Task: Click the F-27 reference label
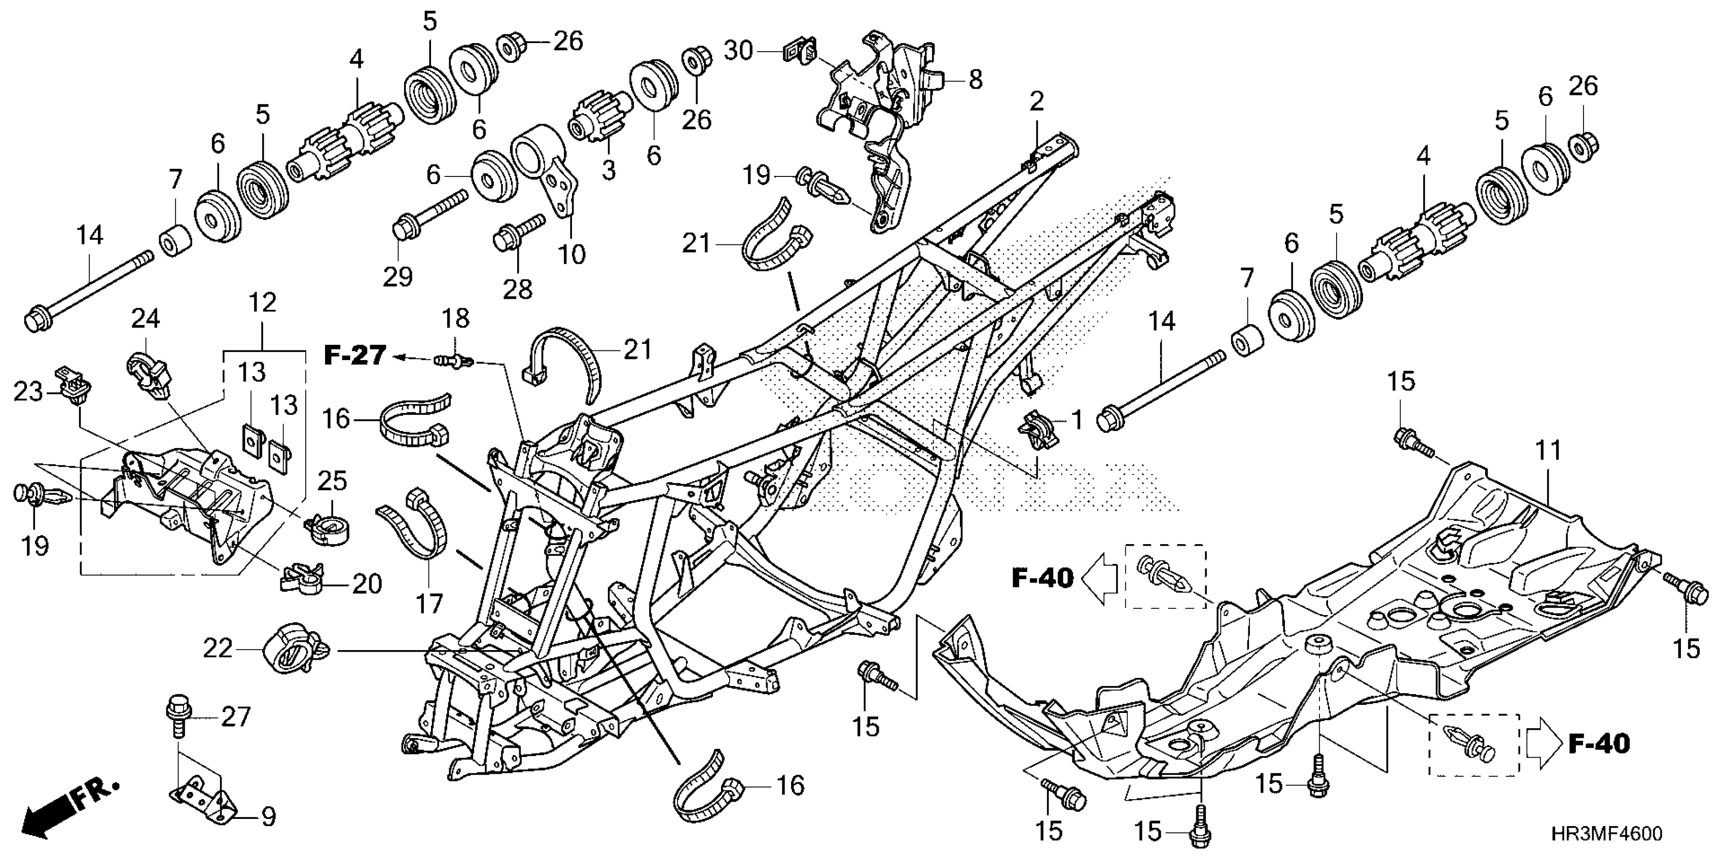(x=355, y=355)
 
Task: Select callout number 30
(x=739, y=50)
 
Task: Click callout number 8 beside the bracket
(x=976, y=80)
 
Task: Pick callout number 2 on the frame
(x=1036, y=102)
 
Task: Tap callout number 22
(x=218, y=649)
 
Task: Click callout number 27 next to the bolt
(x=236, y=717)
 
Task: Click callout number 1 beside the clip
(x=1077, y=421)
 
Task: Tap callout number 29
(x=398, y=276)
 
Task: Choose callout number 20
(x=366, y=584)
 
